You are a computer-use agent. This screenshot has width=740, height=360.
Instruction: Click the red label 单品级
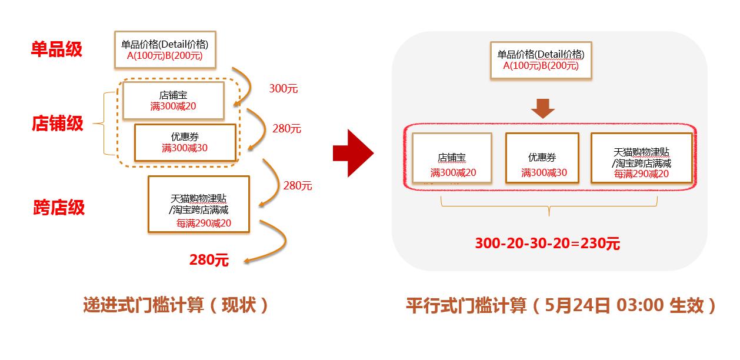[56, 49]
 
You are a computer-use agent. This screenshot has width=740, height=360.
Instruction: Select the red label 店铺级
[58, 124]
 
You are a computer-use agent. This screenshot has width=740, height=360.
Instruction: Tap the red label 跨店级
[59, 207]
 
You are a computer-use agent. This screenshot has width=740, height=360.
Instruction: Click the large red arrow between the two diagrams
[353, 154]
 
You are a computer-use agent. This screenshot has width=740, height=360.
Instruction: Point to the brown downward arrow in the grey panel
[542, 109]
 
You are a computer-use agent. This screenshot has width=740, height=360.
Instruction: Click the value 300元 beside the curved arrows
[284, 89]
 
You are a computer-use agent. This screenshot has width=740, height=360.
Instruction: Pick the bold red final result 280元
[209, 259]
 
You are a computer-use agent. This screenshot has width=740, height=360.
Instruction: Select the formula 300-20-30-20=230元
[547, 244]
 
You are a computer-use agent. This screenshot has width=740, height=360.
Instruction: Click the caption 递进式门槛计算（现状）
[176, 305]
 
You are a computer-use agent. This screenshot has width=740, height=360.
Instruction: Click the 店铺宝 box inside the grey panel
[452, 158]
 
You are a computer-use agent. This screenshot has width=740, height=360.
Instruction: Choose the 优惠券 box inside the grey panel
[543, 158]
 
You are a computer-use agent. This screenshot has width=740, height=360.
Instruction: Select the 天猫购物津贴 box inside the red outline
[642, 158]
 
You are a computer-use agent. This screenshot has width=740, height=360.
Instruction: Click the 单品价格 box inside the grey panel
[541, 60]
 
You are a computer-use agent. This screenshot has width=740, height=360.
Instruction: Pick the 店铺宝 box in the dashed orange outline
[173, 100]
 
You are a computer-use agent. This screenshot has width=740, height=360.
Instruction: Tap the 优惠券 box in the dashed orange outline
[185, 142]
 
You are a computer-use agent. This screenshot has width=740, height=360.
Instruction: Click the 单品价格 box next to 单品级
[165, 49]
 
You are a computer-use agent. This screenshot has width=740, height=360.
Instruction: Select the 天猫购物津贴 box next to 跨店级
[199, 203]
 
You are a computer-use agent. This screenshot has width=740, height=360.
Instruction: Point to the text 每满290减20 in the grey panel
[641, 174]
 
